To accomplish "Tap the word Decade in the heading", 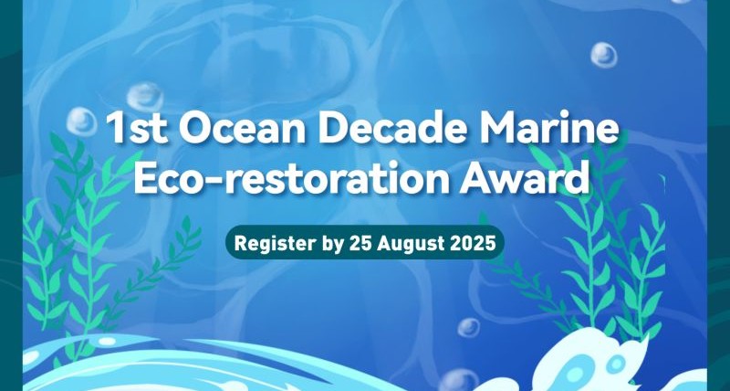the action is (x=394, y=127).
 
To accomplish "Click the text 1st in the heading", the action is (x=137, y=127).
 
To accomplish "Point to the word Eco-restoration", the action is (x=291, y=177).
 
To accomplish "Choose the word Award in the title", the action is (x=524, y=177).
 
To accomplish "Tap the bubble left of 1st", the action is (x=81, y=122).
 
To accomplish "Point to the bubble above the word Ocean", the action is (x=145, y=97).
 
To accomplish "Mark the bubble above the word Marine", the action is (x=604, y=55).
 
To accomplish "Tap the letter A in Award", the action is (x=474, y=178).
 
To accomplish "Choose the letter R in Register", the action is (x=240, y=243).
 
